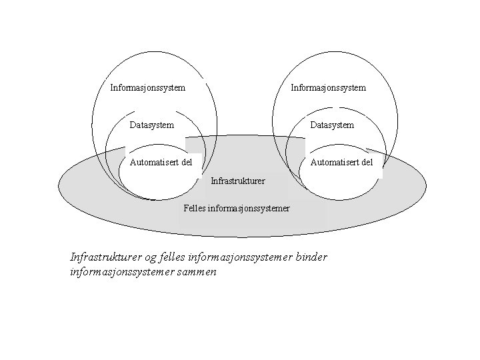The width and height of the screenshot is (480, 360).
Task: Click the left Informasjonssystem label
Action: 147,87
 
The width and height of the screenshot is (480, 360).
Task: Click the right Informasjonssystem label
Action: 328,87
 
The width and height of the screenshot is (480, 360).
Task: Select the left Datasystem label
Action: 152,125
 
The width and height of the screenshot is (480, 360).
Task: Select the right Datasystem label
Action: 332,125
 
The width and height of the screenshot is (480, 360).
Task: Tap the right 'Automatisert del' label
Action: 342,161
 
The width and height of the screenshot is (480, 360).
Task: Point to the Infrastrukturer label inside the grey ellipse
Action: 237,181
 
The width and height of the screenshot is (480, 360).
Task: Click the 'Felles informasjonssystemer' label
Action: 237,208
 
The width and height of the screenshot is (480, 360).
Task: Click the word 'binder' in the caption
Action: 311,257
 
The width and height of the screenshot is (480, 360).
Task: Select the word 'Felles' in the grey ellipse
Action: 195,208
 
